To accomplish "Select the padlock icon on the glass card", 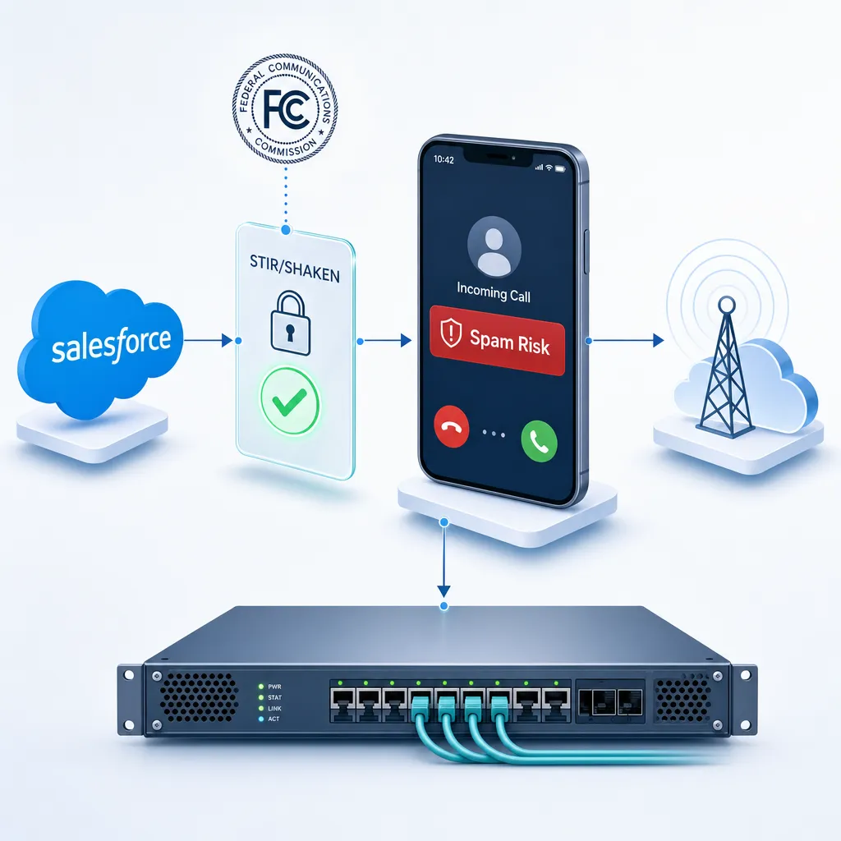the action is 290,323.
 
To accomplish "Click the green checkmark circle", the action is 290,401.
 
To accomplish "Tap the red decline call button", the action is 452,426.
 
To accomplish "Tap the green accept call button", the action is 539,441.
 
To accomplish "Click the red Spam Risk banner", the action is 497,340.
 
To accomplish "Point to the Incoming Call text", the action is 494,292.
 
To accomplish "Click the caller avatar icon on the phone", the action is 494,247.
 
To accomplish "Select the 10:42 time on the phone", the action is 443,159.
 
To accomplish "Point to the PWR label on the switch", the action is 274,687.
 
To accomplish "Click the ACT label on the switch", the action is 273,719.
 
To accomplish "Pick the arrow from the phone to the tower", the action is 626,340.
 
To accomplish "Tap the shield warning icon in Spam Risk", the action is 451,333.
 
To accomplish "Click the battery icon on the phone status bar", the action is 560,169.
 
